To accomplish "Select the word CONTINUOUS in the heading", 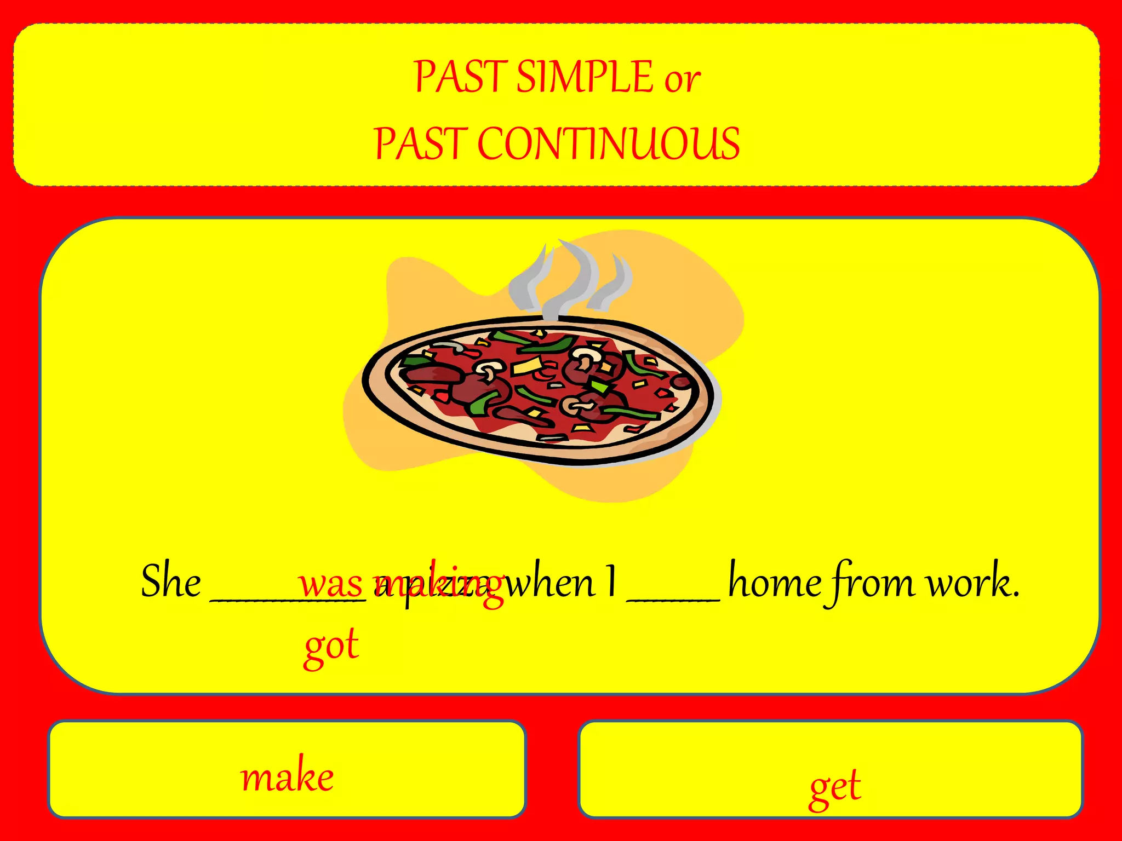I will click(x=609, y=143).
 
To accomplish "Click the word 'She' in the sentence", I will click(x=171, y=581).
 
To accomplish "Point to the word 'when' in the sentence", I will click(x=549, y=583).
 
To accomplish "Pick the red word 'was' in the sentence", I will click(x=330, y=584).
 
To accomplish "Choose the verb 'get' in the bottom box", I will click(x=835, y=787).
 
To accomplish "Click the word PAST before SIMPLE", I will click(x=460, y=77).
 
